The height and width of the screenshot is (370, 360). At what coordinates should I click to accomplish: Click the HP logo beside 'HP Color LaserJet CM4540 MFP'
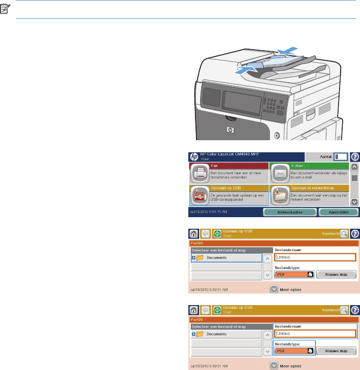coord(194,156)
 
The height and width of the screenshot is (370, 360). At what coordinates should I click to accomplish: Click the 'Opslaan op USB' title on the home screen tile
coord(225,186)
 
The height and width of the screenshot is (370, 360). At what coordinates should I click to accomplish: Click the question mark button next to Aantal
coord(355,156)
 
